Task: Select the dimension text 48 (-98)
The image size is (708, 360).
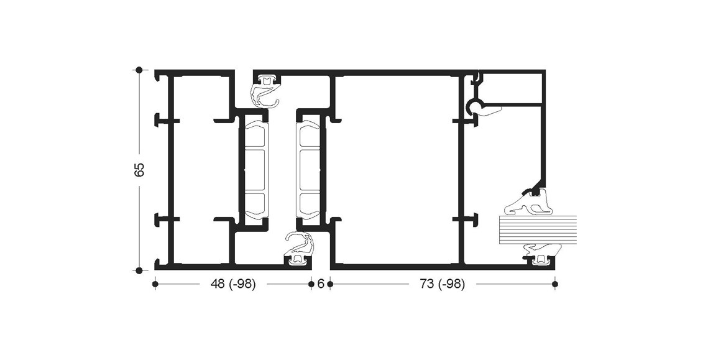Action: pos(233,284)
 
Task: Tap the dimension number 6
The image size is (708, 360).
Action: pos(321,284)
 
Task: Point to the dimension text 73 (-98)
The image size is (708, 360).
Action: pos(442,284)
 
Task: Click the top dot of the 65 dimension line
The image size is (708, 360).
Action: pos(139,70)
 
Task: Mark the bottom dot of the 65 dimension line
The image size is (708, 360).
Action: pos(139,270)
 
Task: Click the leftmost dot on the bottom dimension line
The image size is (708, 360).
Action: pos(155,284)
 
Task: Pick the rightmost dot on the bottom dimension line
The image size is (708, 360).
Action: pos(555,284)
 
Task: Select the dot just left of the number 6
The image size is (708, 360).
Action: pos(311,284)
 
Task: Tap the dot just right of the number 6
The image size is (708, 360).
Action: pos(330,284)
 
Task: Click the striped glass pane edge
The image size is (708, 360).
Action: pos(538,229)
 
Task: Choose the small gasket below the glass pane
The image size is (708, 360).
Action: pos(540,253)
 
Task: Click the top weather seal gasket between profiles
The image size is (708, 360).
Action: pos(265,91)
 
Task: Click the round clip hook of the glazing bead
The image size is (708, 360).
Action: pos(474,106)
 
